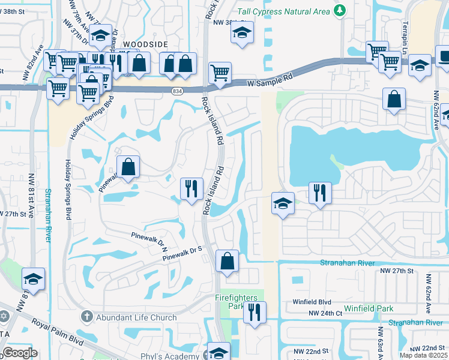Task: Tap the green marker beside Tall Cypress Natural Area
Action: point(340,10)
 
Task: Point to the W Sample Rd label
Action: point(270,81)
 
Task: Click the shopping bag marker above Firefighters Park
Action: point(227,261)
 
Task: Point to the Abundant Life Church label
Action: point(136,317)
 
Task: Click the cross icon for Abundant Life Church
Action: point(86,317)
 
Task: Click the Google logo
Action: point(20,352)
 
